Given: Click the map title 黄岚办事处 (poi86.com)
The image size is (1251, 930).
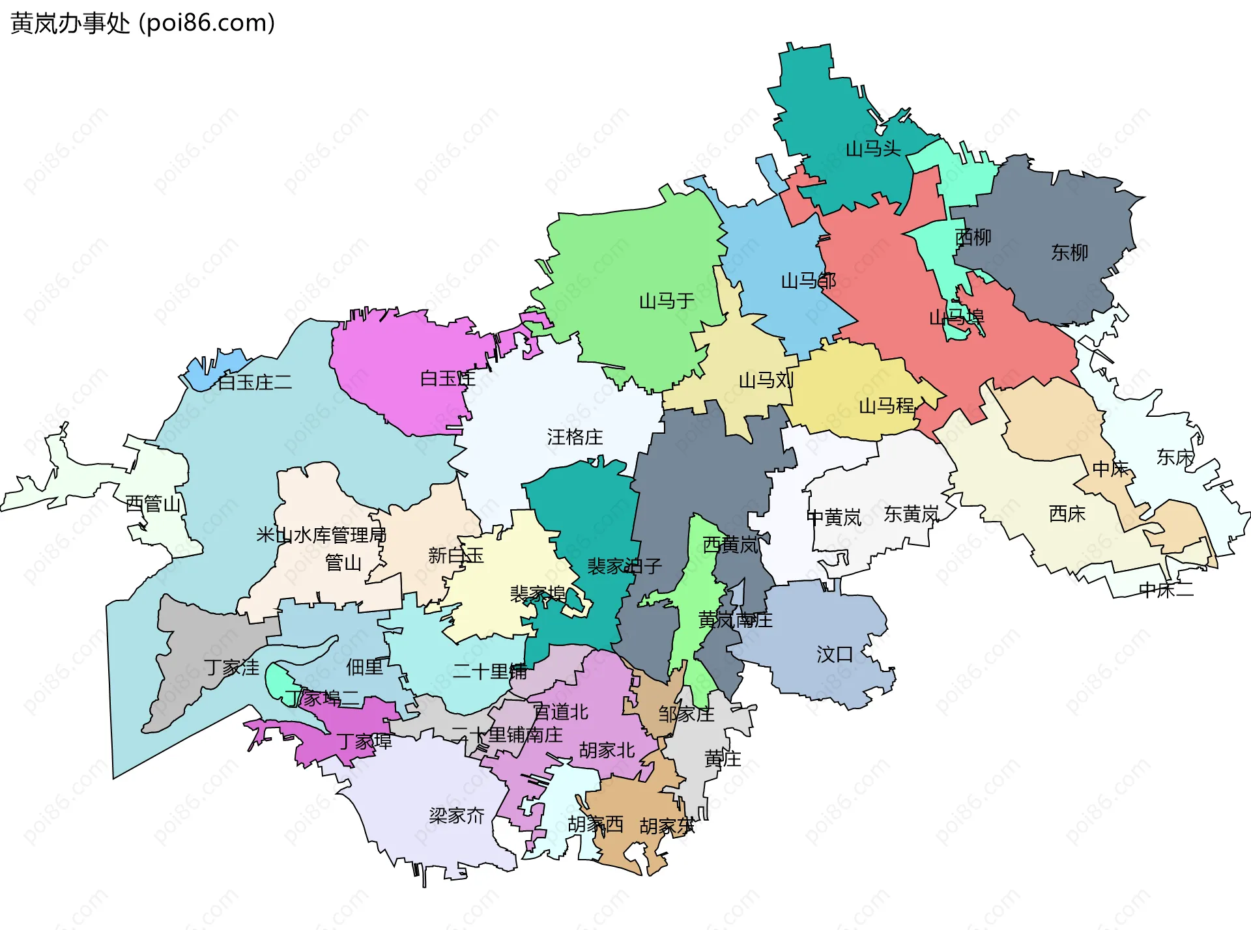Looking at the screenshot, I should [x=143, y=23].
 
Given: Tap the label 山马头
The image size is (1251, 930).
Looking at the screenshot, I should [x=873, y=149].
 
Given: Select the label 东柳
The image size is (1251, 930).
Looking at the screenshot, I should [x=1069, y=253].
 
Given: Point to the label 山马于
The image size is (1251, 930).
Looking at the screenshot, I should [x=667, y=301].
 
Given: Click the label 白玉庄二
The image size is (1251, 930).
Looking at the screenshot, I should [x=255, y=382].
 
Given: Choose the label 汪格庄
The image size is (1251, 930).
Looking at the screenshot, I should [x=575, y=437].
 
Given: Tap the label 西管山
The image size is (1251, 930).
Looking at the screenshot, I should [x=152, y=503].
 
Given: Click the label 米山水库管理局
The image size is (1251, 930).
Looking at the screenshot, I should [x=321, y=535].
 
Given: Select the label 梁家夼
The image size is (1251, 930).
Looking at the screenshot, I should [x=457, y=815].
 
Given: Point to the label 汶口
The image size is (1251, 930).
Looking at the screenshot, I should [x=835, y=655].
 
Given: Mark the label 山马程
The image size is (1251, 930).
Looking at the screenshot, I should [x=886, y=406].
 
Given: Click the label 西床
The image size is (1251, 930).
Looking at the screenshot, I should [x=1067, y=514].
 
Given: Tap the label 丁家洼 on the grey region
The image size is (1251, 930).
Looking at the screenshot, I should [x=231, y=668].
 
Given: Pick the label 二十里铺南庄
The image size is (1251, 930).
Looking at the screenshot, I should [x=507, y=735].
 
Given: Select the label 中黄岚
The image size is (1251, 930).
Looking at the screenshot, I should [x=834, y=518].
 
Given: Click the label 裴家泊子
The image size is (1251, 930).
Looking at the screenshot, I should [x=624, y=566].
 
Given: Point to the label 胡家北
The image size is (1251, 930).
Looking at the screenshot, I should [x=607, y=750].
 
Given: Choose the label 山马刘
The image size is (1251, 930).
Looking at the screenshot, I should [x=766, y=380].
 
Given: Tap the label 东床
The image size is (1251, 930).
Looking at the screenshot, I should [x=1175, y=457].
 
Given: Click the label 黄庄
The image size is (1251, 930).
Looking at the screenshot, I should [x=723, y=759].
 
